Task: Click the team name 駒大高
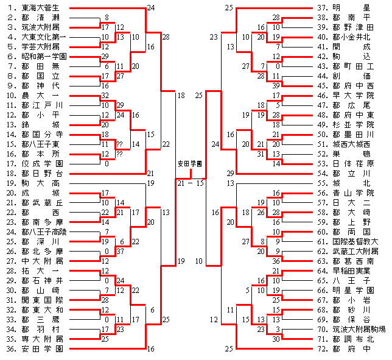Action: [40, 183]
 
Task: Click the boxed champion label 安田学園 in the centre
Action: [190, 164]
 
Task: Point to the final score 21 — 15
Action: [191, 183]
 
